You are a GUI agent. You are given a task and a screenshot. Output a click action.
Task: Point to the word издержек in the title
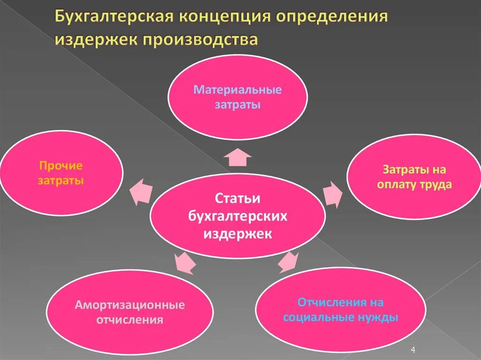pyautogui.click(x=94, y=39)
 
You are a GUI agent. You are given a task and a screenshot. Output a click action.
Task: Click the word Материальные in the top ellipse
pyautogui.click(x=238, y=90)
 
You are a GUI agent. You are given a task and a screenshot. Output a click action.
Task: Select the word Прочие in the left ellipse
pyautogui.click(x=61, y=166)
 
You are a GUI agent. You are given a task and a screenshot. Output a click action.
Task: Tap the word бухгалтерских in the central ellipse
pyautogui.click(x=237, y=216)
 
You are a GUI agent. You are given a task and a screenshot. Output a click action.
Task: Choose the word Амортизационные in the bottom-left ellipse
pyautogui.click(x=130, y=305)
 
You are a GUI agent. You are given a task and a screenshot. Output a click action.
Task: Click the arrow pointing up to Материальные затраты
pyautogui.click(x=237, y=157)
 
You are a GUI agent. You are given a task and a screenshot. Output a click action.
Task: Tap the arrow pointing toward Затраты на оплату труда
pyautogui.click(x=333, y=192)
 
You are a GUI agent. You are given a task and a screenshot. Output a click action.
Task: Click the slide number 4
pyautogui.click(x=413, y=350)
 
